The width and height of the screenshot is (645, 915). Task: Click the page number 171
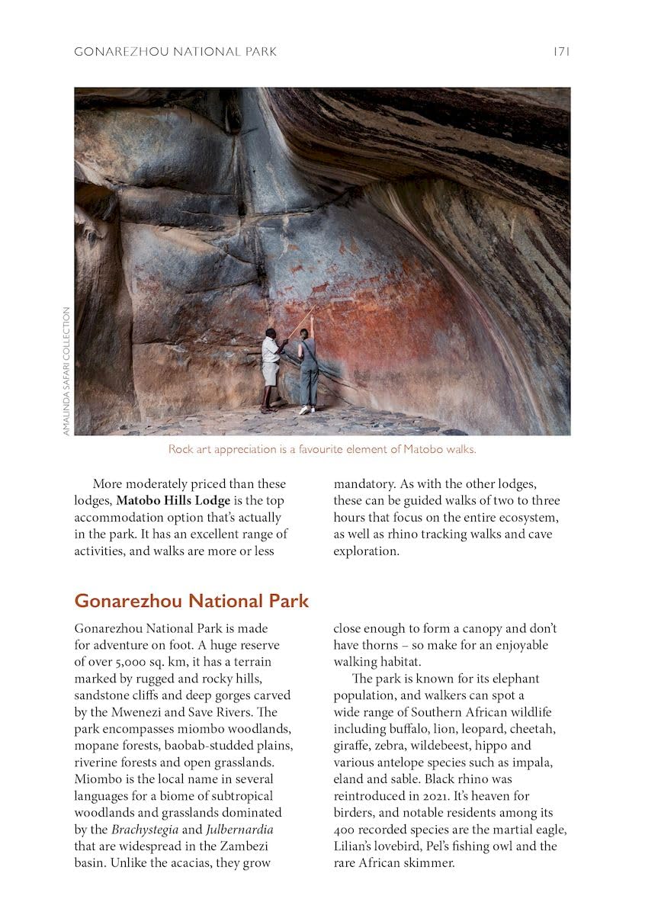pyautogui.click(x=561, y=52)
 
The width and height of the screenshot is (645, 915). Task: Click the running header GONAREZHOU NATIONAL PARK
pyautogui.click(x=175, y=52)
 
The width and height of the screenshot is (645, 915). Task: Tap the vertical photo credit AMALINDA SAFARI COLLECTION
pyautogui.click(x=67, y=371)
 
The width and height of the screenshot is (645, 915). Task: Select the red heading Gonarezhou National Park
pyautogui.click(x=191, y=601)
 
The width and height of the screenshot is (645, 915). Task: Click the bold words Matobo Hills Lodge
pyautogui.click(x=173, y=500)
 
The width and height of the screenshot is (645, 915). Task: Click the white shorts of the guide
pyautogui.click(x=270, y=374)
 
